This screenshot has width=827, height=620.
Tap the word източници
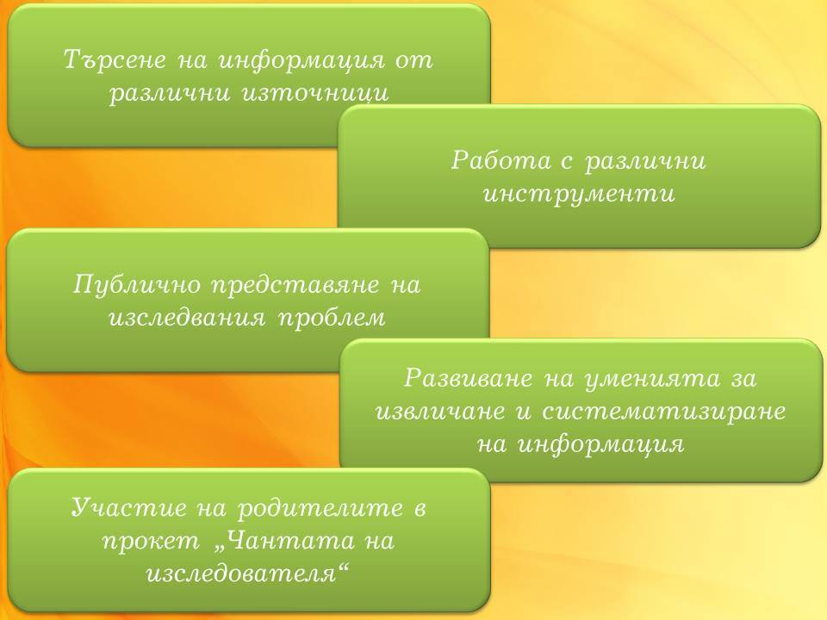[x=315, y=93]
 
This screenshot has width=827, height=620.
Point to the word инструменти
[x=579, y=194]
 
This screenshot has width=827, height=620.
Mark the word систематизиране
[x=664, y=412]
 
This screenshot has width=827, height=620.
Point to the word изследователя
[x=247, y=573]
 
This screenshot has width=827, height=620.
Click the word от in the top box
[x=414, y=60]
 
